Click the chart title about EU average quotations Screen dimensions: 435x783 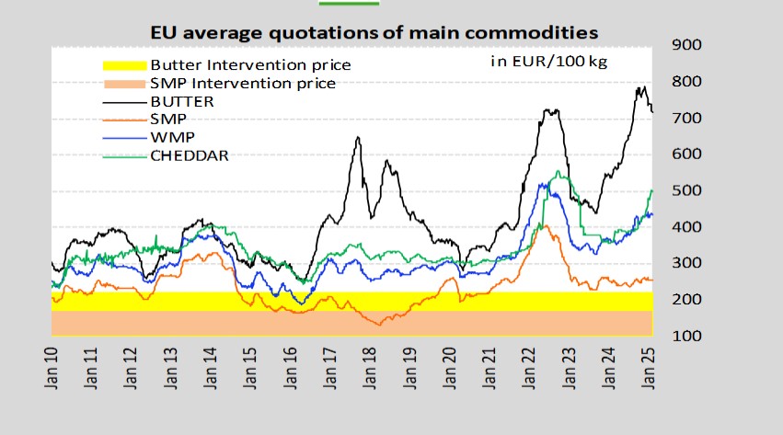click(374, 32)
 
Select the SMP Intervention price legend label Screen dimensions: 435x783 click(242, 84)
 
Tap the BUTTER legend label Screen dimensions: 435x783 click(181, 101)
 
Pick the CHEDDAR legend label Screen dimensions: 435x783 click(189, 155)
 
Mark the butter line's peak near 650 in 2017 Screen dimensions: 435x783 click(358, 138)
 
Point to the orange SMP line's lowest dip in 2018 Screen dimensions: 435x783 click(376, 325)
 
